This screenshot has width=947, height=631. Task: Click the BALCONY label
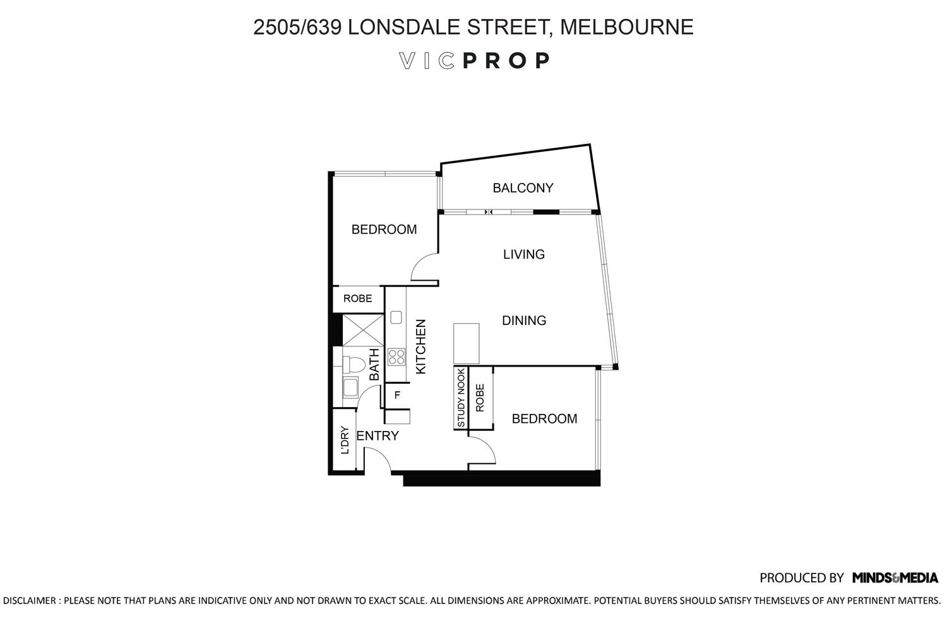click(523, 187)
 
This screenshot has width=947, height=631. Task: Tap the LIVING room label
click(524, 254)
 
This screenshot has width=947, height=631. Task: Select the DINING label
click(524, 321)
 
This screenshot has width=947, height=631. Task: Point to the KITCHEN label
click(420, 346)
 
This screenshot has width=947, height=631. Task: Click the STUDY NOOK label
click(461, 398)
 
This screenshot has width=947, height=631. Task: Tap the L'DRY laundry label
click(345, 440)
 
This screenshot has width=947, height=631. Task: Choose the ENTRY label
click(378, 435)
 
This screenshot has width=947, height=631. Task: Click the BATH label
click(374, 364)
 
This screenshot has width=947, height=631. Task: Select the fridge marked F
click(397, 395)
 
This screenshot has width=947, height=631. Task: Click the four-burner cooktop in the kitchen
click(396, 357)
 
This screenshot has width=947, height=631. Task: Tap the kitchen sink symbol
click(396, 317)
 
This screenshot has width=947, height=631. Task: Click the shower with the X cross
click(363, 330)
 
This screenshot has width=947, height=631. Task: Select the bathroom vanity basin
click(350, 387)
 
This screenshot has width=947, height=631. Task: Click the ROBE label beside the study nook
click(479, 398)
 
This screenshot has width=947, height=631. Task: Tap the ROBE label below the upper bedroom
click(358, 298)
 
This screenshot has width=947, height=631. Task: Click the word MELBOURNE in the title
click(626, 27)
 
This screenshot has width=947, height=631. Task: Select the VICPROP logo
click(474, 61)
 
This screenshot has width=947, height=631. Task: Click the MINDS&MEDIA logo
click(895, 577)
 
